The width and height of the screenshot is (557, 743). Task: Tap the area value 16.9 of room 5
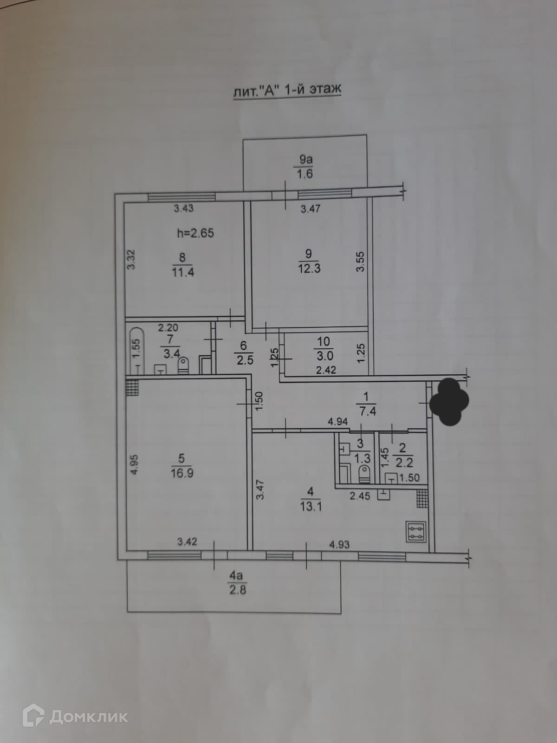(x=181, y=473)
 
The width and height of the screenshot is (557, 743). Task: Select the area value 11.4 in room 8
(x=183, y=272)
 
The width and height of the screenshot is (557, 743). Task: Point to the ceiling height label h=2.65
(x=195, y=233)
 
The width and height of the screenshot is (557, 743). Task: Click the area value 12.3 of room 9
(x=309, y=268)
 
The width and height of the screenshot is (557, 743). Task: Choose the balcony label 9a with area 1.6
(x=305, y=167)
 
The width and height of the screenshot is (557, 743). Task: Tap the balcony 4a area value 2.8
(x=237, y=591)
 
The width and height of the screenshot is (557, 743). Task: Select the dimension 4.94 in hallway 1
(x=337, y=422)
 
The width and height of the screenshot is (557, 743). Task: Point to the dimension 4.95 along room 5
(x=135, y=464)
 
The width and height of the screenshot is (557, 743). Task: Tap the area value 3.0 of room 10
(x=323, y=356)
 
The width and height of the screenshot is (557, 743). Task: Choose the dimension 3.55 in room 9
(x=362, y=261)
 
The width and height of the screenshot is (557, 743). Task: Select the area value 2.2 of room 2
(x=403, y=463)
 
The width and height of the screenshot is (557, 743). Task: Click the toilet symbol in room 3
(x=363, y=474)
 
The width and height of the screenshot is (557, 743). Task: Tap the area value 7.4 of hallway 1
(x=367, y=411)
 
